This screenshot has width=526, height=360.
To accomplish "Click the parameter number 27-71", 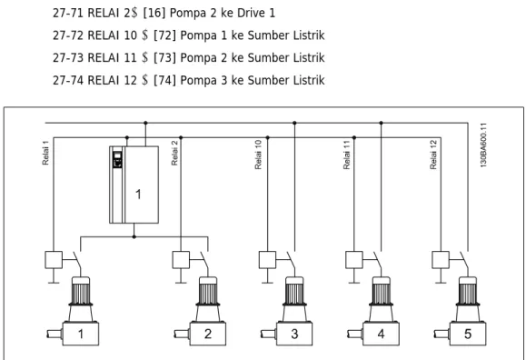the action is (x=68, y=13).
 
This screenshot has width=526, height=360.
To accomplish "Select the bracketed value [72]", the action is (x=164, y=35).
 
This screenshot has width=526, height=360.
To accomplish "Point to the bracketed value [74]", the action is (x=164, y=80).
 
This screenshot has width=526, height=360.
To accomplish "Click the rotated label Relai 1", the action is (x=45, y=153).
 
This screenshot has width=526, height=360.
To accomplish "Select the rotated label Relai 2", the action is (x=174, y=153).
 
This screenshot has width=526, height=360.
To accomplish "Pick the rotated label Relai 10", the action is (x=258, y=155).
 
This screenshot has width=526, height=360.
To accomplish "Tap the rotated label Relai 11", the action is (x=346, y=155).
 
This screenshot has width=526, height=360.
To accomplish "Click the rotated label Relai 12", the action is (x=433, y=155).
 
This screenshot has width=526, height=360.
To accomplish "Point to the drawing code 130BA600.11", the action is (x=483, y=145).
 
